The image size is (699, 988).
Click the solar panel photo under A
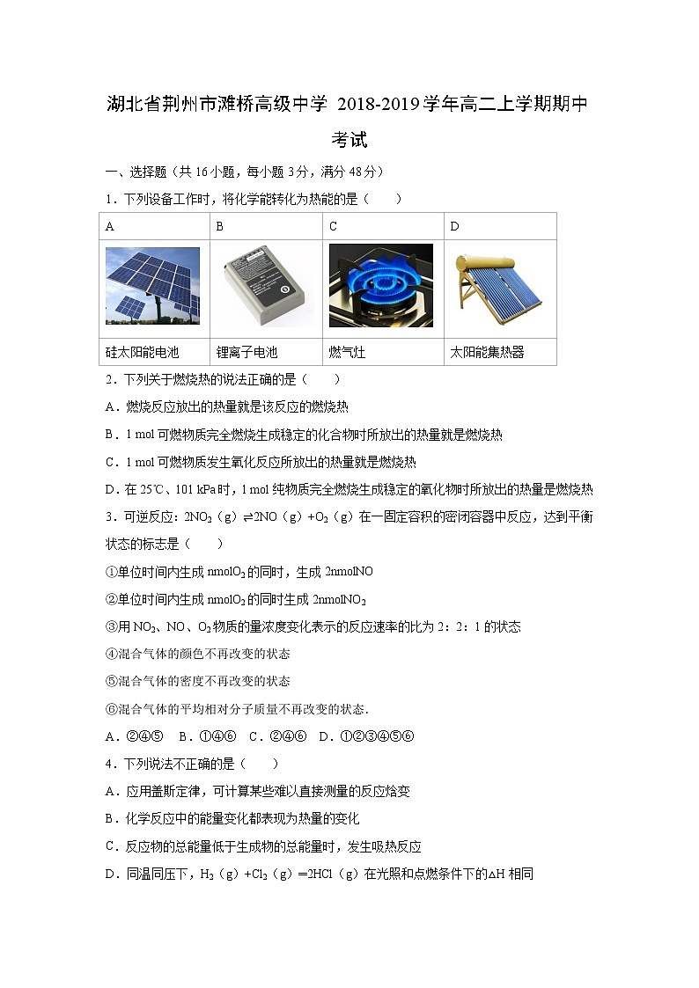pyautogui.click(x=152, y=287)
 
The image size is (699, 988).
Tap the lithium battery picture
pyautogui.click(x=262, y=287)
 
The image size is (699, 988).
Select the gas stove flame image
pyautogui.click(x=380, y=286)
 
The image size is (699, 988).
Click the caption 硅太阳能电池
pyautogui.click(x=143, y=352)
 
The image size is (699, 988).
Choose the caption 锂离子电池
pyautogui.click(x=247, y=352)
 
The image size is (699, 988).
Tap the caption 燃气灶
pyautogui.click(x=348, y=352)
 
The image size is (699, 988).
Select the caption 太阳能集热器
pyautogui.click(x=487, y=352)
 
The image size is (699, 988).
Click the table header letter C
pyautogui.click(x=334, y=227)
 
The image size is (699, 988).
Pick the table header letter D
pyautogui.click(x=454, y=227)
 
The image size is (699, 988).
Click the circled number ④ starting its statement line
pyautogui.click(x=111, y=654)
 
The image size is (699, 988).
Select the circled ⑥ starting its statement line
pyautogui.click(x=111, y=708)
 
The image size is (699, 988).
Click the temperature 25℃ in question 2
pyautogui.click(x=145, y=490)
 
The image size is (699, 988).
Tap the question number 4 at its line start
pyautogui.click(x=109, y=764)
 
